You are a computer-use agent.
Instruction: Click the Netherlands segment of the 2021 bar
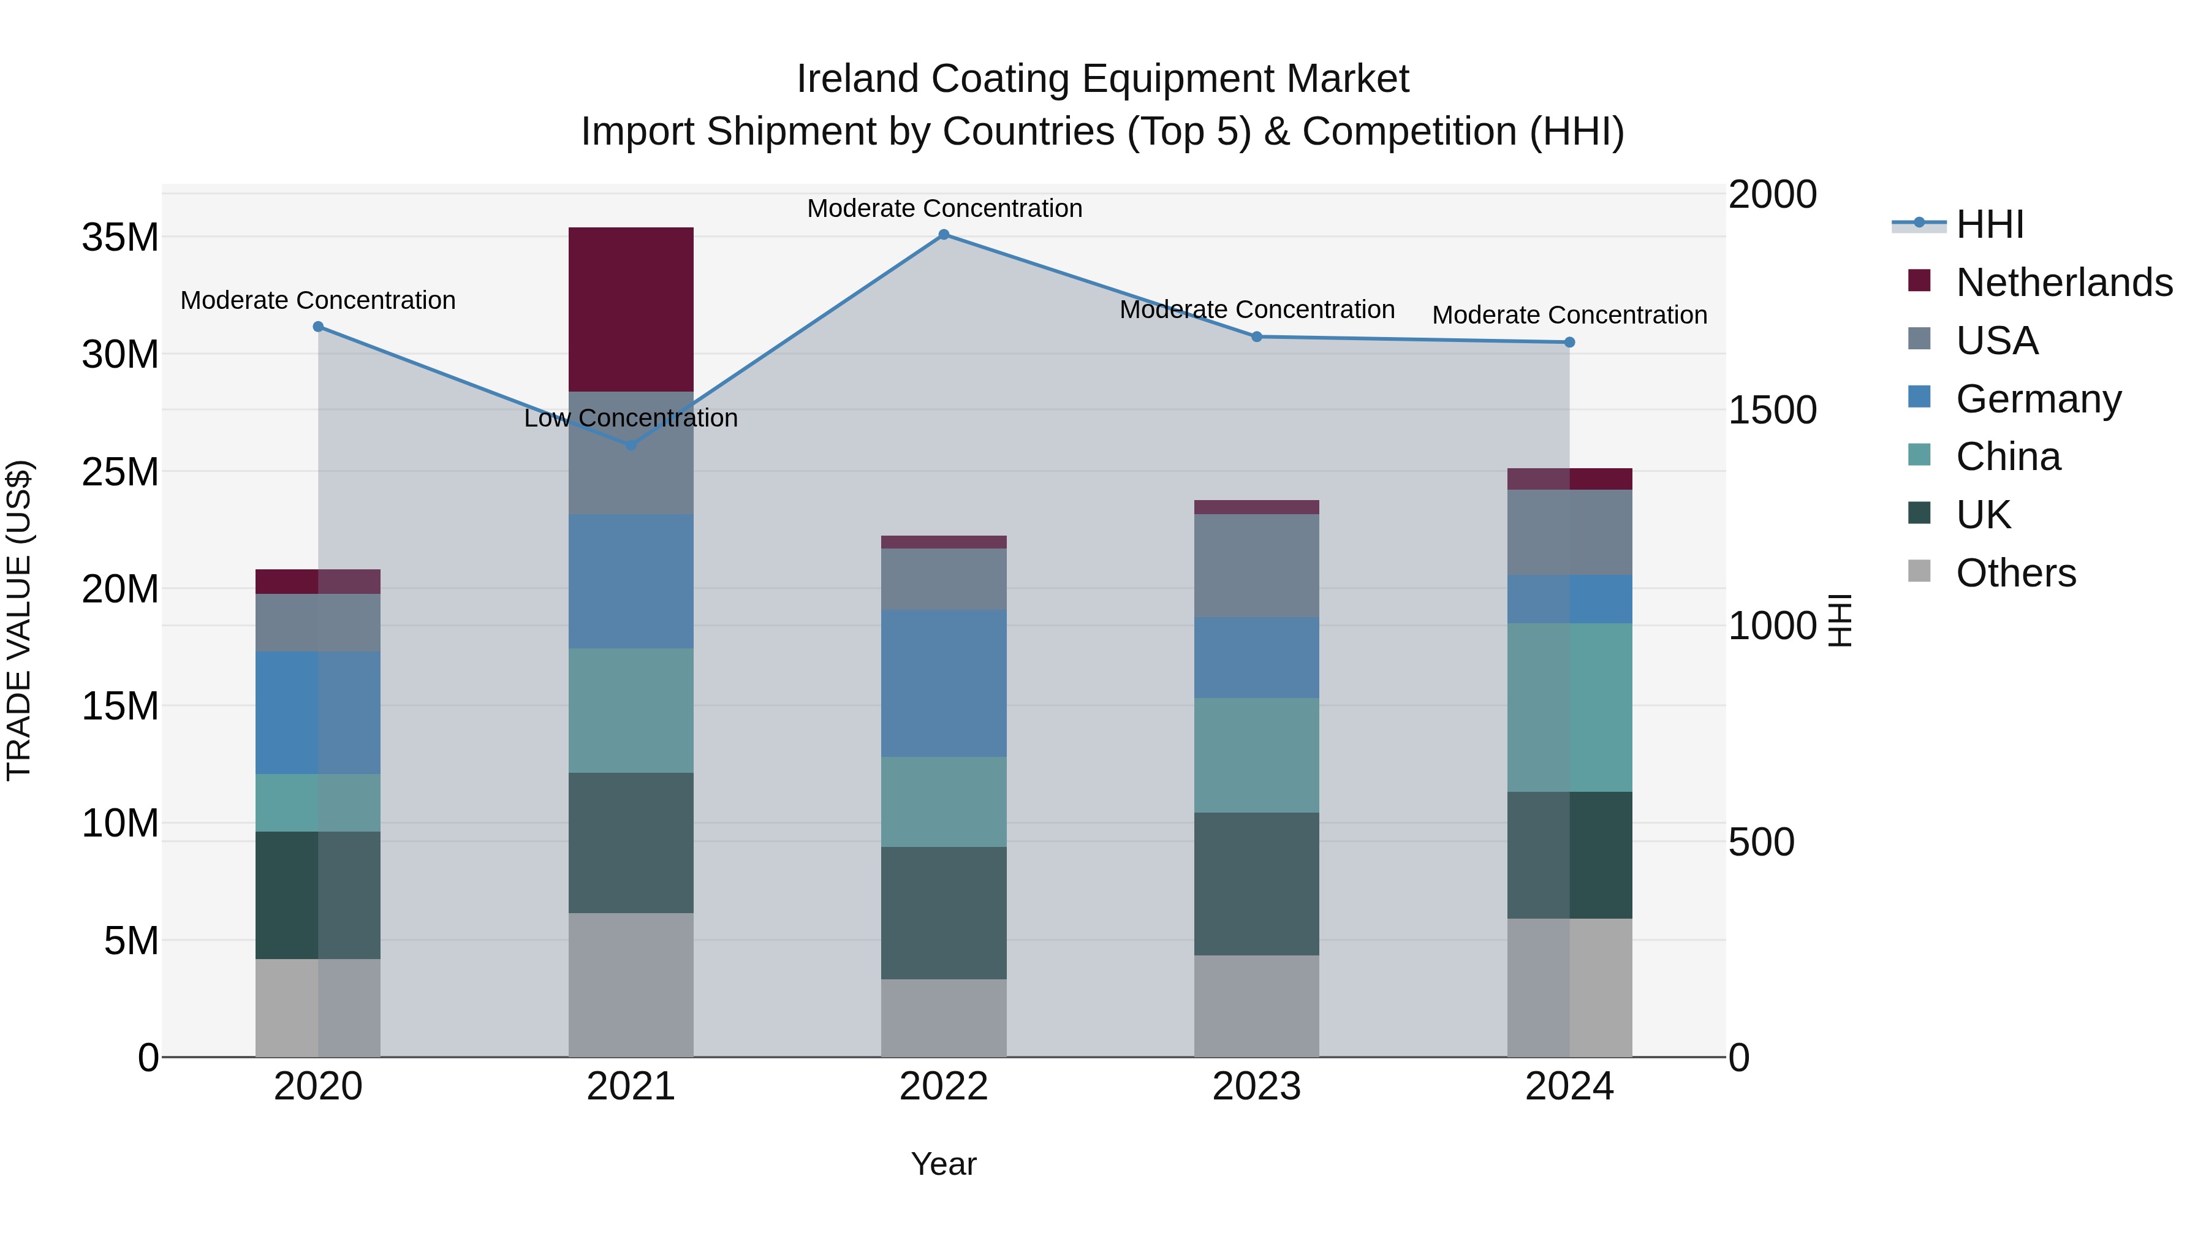[x=631, y=309]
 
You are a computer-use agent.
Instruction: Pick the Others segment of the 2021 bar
[x=631, y=984]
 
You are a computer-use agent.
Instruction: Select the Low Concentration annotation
[x=631, y=418]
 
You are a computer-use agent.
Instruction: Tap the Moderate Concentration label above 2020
[x=317, y=301]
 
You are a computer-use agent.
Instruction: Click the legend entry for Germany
[x=2038, y=399]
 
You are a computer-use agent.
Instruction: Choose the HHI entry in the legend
[x=1989, y=224]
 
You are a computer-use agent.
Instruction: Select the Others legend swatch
[x=1919, y=571]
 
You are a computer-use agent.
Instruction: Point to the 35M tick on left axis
[x=120, y=237]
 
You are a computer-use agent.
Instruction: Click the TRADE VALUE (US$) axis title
[x=19, y=620]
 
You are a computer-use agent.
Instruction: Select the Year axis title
[x=943, y=1164]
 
